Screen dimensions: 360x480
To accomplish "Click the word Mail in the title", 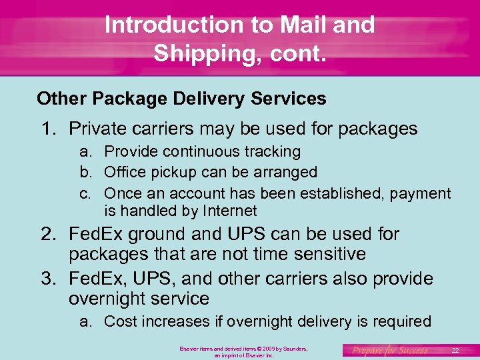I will [x=307, y=25].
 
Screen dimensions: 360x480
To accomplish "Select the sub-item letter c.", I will [x=85, y=193].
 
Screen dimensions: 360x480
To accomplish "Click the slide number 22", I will [x=455, y=350].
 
